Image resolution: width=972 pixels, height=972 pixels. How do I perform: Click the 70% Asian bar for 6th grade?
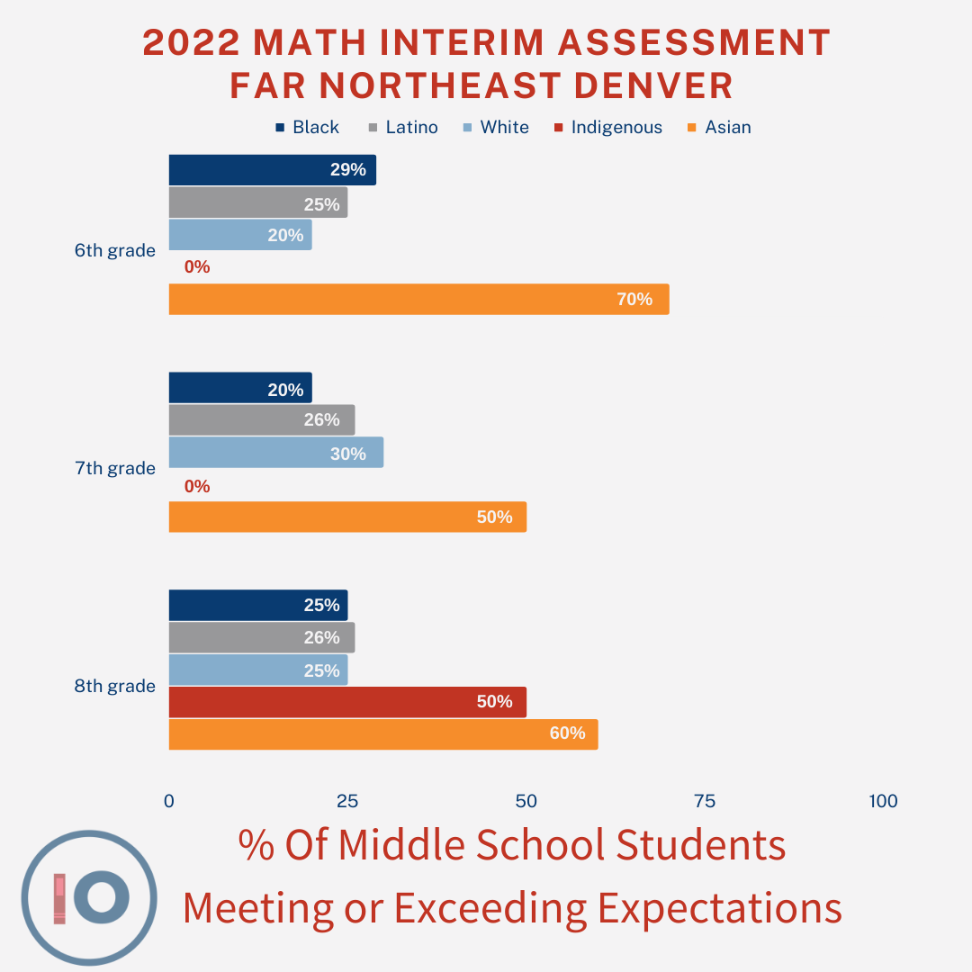coord(418,299)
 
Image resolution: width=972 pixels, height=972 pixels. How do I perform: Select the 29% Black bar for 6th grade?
coord(272,170)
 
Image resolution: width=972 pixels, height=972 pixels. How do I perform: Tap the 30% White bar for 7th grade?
coord(275,453)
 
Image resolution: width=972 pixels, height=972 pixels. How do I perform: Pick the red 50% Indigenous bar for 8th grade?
coord(346,702)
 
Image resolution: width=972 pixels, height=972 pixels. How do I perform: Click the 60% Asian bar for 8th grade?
coord(382,734)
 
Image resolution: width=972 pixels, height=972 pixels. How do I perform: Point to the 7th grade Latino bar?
coord(261,420)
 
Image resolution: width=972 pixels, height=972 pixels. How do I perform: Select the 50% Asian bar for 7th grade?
coord(346,517)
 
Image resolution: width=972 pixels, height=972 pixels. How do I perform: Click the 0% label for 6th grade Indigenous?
coord(196,267)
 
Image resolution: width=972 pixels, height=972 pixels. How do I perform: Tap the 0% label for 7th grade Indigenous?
coord(196,487)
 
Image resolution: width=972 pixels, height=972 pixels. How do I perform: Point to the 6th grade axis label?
coord(114,251)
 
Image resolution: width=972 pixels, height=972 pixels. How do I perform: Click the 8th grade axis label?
coord(114,687)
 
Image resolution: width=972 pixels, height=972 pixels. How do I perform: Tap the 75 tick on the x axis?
coord(704,801)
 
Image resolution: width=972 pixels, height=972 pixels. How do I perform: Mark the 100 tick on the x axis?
coord(884,801)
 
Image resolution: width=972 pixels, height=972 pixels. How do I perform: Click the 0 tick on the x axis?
coord(169,801)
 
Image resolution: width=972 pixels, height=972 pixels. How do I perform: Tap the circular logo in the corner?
coord(89,897)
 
